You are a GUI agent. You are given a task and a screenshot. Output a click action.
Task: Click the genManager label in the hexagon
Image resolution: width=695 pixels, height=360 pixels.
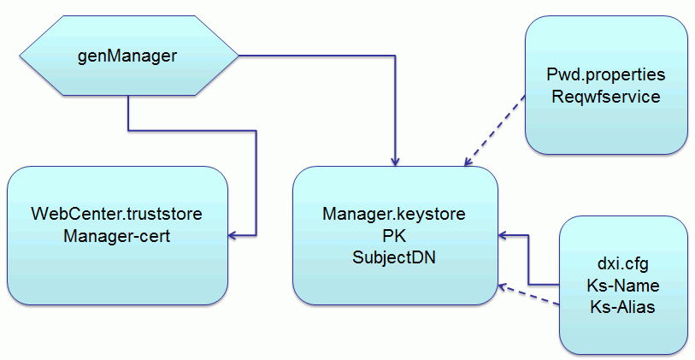pyautogui.click(x=127, y=57)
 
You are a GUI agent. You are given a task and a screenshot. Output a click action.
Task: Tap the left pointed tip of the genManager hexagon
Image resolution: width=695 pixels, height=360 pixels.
pyautogui.click(x=20, y=57)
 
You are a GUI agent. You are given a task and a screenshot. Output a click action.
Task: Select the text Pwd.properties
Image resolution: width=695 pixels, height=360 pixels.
pyautogui.click(x=605, y=75)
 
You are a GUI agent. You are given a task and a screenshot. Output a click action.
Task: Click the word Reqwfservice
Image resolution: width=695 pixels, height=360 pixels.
pyautogui.click(x=605, y=97)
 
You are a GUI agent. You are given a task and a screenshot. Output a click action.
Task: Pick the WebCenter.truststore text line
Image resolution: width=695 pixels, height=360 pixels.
pyautogui.click(x=116, y=214)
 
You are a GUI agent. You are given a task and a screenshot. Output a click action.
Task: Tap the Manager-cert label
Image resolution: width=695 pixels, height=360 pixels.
pyautogui.click(x=116, y=235)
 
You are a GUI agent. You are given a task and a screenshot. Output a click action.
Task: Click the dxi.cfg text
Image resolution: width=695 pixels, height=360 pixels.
pyautogui.click(x=622, y=264)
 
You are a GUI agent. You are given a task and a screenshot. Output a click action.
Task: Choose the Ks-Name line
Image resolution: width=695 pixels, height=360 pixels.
pyautogui.click(x=622, y=285)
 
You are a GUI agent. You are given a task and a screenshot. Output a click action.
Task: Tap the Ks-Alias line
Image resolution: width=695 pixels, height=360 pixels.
pyautogui.click(x=622, y=306)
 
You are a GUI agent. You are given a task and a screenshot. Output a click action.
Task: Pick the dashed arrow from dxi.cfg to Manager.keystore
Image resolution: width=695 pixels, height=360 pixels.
pyautogui.click(x=530, y=295)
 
